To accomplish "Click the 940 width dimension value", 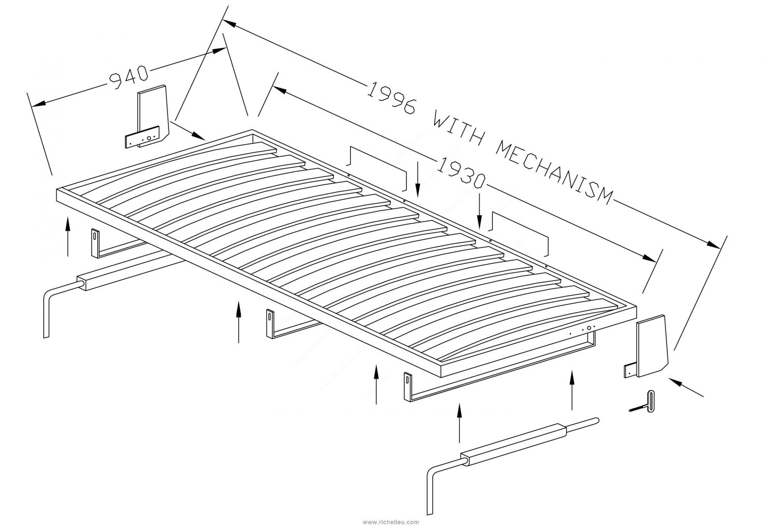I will coord(128,77).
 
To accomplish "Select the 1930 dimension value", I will coord(460,173).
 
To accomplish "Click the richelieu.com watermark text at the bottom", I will coord(391,522).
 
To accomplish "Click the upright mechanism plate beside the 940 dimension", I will coord(151,116).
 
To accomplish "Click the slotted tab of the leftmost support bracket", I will coord(95,242).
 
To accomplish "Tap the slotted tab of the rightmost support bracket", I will coord(408,386).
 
